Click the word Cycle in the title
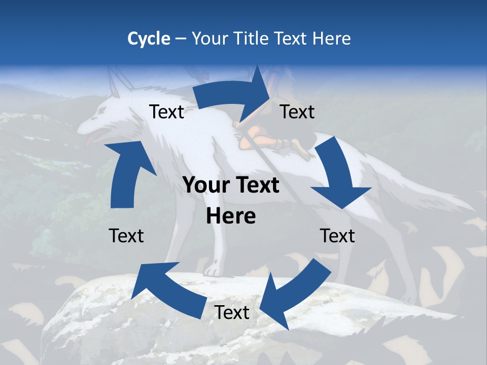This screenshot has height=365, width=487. coord(149,39)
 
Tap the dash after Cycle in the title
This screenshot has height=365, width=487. coord(181,39)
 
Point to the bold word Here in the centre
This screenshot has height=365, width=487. coord(231,216)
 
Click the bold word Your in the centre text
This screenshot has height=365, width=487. coord(206,186)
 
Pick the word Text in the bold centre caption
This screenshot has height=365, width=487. coord(256,186)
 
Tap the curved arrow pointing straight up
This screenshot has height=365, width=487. coord(127,172)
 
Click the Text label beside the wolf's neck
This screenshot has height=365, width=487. coord(166,112)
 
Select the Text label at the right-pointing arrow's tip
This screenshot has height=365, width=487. coord(297,112)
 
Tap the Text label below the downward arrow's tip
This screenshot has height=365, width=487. coord(337,236)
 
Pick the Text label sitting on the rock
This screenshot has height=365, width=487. coord(232,313)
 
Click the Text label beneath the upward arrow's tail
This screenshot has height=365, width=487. coord(126,236)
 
